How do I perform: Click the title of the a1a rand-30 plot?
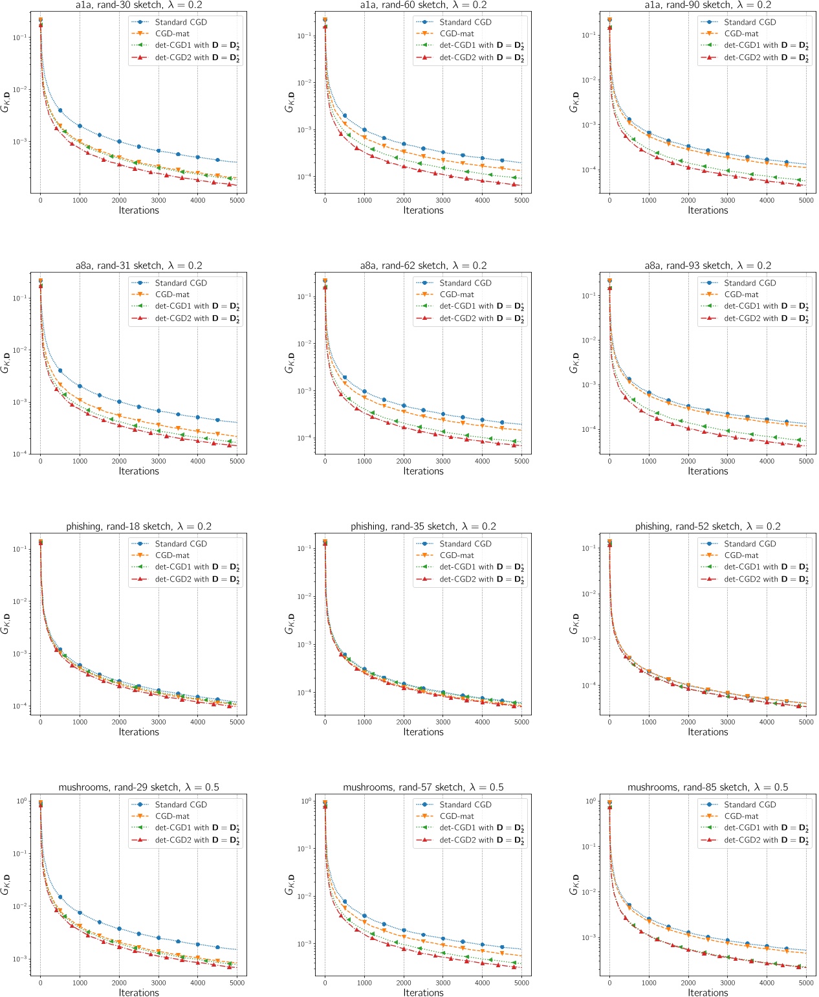138,5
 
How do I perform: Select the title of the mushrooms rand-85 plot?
708,787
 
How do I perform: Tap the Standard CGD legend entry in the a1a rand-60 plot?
465,22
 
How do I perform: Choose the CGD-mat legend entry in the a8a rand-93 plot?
741,295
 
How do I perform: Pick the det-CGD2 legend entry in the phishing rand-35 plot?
481,579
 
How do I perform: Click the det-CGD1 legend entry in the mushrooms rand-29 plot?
197,828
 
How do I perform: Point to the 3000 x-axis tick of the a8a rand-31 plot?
158,462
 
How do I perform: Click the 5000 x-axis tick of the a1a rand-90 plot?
806,201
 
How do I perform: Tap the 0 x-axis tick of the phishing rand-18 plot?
41,723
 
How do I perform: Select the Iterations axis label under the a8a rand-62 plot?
423,471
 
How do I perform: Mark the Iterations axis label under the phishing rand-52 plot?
708,732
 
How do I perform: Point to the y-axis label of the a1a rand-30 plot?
5,102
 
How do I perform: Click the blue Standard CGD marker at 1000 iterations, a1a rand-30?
80,126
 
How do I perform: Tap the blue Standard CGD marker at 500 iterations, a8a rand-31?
60,371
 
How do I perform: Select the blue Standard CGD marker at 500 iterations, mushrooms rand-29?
60,897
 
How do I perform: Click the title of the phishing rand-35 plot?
423,527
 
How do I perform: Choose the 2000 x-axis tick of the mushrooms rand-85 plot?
688,983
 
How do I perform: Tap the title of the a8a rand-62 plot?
423,266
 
